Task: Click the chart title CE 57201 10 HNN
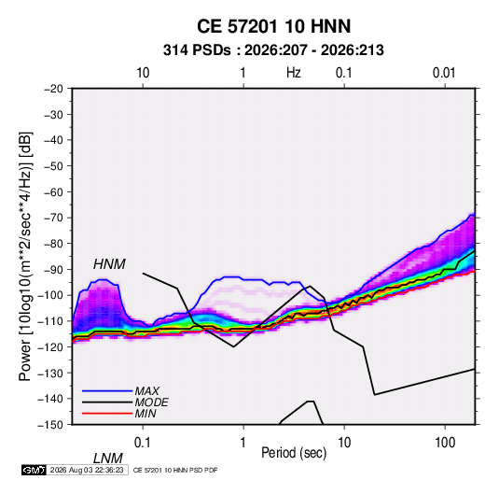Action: tap(273, 26)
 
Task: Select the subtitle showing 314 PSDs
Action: tap(273, 50)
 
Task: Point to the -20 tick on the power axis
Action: tap(53, 89)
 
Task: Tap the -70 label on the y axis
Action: tap(53, 218)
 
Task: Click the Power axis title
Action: tap(25, 256)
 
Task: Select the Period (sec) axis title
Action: tap(294, 453)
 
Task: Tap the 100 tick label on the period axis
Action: tap(445, 443)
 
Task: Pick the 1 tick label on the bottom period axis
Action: tap(243, 443)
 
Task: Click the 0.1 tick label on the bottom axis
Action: tap(143, 443)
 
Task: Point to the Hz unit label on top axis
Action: tap(294, 73)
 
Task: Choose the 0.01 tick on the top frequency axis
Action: tap(444, 73)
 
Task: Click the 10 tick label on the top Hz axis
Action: tap(143, 73)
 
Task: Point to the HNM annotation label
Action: tap(109, 264)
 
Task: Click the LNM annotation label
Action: tap(108, 459)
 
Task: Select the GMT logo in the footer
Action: tap(34, 470)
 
